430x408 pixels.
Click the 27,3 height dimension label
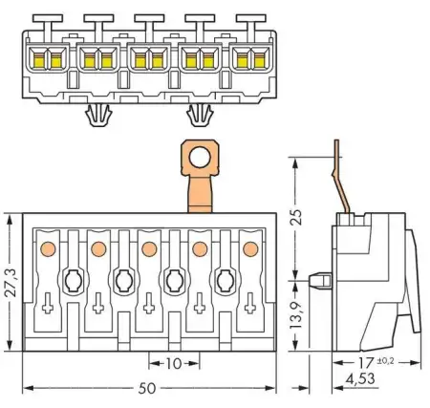11,283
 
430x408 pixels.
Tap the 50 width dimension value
147,388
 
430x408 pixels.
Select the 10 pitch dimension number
174,364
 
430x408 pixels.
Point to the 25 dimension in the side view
296,217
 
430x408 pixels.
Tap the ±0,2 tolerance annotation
385,361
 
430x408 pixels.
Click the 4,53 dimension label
360,378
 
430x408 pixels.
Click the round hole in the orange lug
200,158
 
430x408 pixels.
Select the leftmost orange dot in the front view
48,248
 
